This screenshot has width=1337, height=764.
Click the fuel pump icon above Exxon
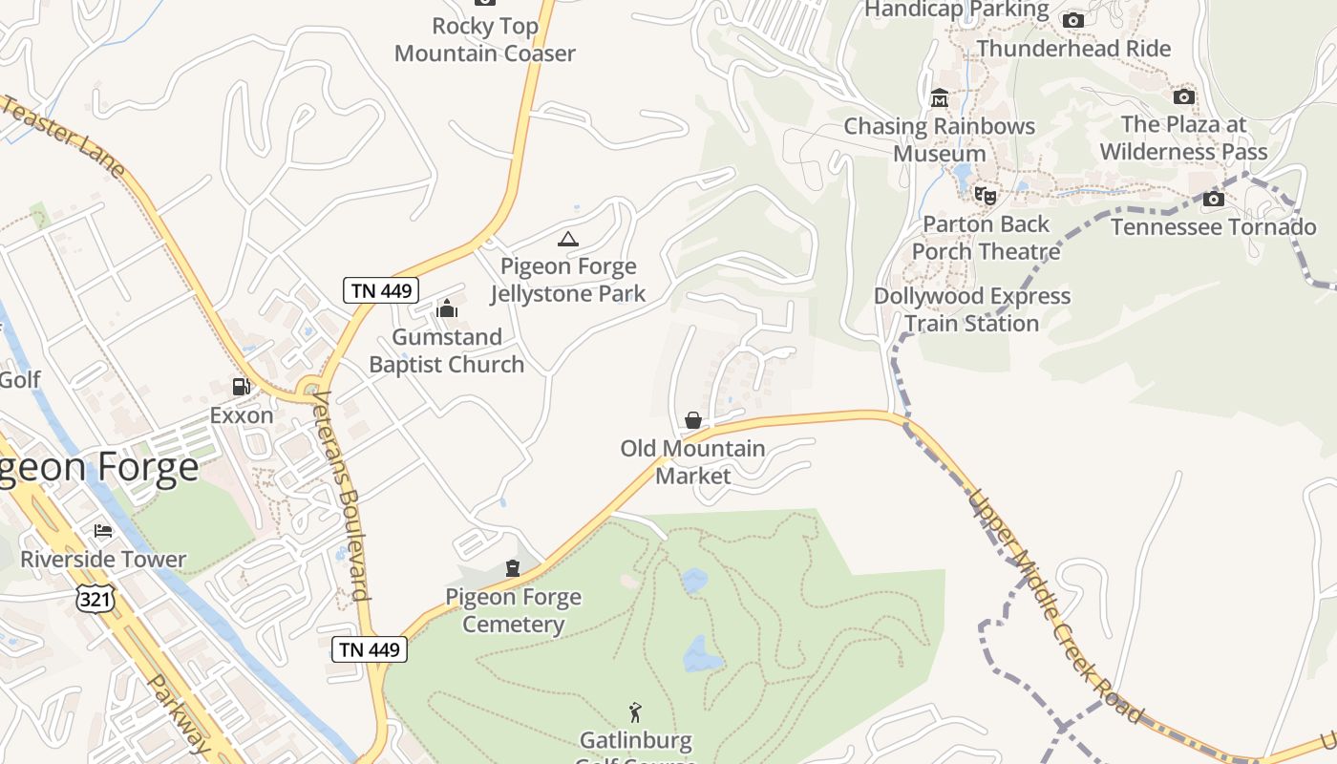(241, 387)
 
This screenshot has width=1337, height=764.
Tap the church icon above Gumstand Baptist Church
(446, 308)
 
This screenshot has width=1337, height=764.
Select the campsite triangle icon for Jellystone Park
(568, 239)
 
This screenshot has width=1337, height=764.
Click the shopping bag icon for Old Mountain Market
(693, 420)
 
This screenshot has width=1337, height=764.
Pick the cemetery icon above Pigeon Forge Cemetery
(513, 569)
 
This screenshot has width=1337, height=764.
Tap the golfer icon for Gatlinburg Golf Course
(635, 712)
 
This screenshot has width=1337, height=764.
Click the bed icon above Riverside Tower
(103, 531)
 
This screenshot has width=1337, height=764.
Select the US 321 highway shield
(96, 598)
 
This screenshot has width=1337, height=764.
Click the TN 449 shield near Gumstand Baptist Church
(381, 290)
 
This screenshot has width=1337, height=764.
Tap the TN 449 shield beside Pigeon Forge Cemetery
(370, 649)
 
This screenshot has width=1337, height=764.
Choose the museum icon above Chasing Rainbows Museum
(940, 98)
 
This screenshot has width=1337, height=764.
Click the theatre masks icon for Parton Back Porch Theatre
(986, 196)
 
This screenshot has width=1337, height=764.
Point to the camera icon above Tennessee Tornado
(1213, 200)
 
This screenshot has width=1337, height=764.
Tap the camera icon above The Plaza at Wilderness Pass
(1183, 96)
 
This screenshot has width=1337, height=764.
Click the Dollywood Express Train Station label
(972, 309)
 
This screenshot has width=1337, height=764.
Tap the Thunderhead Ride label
(1073, 48)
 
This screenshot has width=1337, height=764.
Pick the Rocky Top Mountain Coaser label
(485, 39)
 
